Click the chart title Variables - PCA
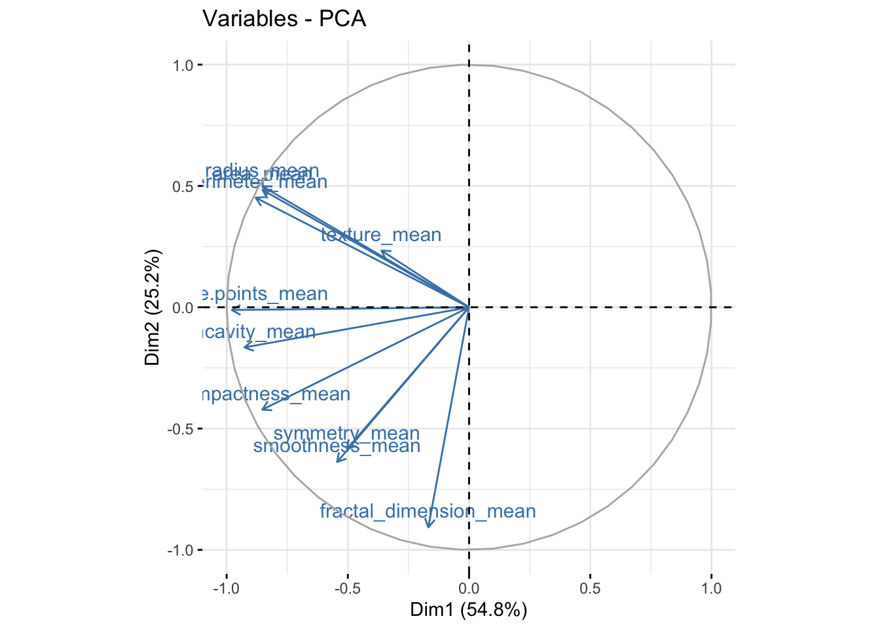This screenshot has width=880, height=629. (x=284, y=19)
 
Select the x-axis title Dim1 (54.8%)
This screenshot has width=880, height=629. (x=468, y=610)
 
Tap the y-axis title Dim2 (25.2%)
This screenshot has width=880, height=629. (x=153, y=307)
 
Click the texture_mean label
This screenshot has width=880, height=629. (x=381, y=235)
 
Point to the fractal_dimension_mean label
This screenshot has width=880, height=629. (x=428, y=511)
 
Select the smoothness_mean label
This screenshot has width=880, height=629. (x=337, y=446)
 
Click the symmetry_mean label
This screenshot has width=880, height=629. (x=346, y=434)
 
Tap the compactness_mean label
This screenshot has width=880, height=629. (x=276, y=394)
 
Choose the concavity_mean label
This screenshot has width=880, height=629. (x=259, y=332)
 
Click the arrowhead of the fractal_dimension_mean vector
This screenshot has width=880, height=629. (x=428, y=526)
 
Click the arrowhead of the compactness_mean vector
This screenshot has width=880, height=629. (x=263, y=410)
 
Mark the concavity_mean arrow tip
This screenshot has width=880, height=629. (x=244, y=347)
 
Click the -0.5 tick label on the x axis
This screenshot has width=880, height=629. (x=348, y=588)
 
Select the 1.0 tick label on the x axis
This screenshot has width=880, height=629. (x=711, y=588)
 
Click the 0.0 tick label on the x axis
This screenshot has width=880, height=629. (x=469, y=588)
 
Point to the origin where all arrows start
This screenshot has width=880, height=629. (x=469, y=307)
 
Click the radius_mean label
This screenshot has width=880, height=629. (x=262, y=172)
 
